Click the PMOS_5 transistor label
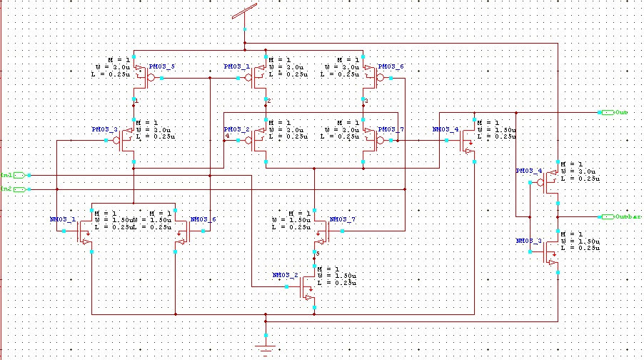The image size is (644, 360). point(161,66)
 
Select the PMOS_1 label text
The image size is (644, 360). point(236,66)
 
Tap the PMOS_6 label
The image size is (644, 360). point(391,66)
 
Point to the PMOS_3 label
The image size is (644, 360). point(104,129)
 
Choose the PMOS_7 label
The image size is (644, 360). point(391,129)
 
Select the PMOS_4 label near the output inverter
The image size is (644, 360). point(529,171)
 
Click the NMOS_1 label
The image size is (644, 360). point(63,219)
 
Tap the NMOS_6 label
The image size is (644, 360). point(203,219)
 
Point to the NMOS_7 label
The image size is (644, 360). point(342,219)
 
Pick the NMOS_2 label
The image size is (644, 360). point(285,275)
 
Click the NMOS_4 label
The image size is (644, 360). point(446,130)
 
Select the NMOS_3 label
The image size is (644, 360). point(529,241)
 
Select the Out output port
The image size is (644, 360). point(613,113)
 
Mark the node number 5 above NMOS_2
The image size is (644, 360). point(319,254)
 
